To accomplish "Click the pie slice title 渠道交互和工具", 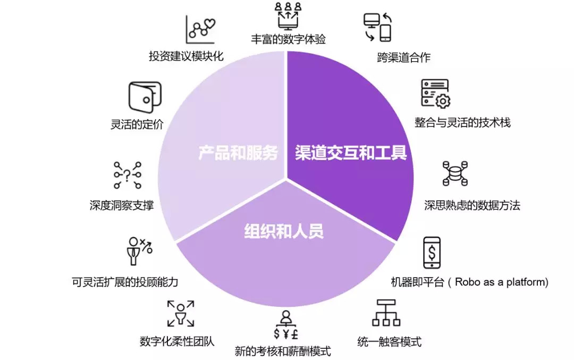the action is pyautogui.click(x=351, y=153).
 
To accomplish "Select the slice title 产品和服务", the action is pyautogui.click(x=238, y=153).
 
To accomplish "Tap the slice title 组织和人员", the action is pyautogui.click(x=284, y=231).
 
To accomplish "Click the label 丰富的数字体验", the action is pyautogui.click(x=289, y=39).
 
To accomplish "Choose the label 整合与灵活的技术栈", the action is pyautogui.click(x=462, y=122).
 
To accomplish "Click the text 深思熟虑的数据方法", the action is pyautogui.click(x=472, y=205).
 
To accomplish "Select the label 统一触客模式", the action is pyautogui.click(x=390, y=341).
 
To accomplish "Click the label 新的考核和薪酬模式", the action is pyautogui.click(x=283, y=351).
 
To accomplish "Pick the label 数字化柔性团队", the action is pyautogui.click(x=177, y=341).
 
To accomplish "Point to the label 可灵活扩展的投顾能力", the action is pyautogui.click(x=125, y=282).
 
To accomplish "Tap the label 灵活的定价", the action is pyautogui.click(x=137, y=124).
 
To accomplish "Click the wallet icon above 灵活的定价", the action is pyautogui.click(x=144, y=96).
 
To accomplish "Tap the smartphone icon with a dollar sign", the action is pyautogui.click(x=432, y=253).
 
